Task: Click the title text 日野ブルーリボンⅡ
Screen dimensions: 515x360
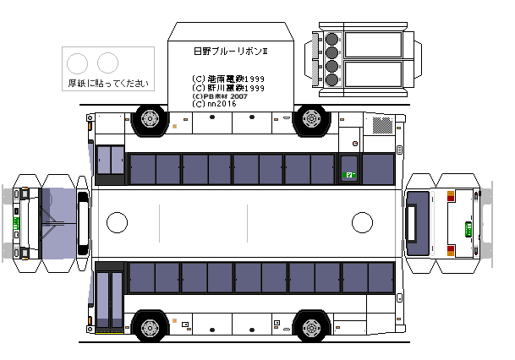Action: coord(230,52)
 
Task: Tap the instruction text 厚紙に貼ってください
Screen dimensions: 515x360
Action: coord(107,83)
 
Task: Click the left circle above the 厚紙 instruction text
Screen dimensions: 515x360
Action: coord(76,62)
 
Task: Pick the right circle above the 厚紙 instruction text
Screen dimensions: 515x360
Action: coord(107,62)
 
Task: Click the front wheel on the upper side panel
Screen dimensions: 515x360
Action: coord(151,120)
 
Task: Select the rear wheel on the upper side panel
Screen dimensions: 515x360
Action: coord(312,120)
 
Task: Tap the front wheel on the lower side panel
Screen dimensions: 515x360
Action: coord(151,327)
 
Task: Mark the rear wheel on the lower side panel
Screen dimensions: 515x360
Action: coord(312,327)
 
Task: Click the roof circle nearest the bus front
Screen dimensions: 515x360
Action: coord(118,222)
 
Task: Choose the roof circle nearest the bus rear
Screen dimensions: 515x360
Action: coord(362,222)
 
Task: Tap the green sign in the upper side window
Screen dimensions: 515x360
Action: coord(348,175)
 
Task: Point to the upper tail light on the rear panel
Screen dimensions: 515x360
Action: coord(451,196)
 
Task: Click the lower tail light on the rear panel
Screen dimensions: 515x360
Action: coord(451,250)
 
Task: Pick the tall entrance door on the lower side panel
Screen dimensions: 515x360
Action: coord(109,299)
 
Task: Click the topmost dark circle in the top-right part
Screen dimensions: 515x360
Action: coord(331,38)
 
